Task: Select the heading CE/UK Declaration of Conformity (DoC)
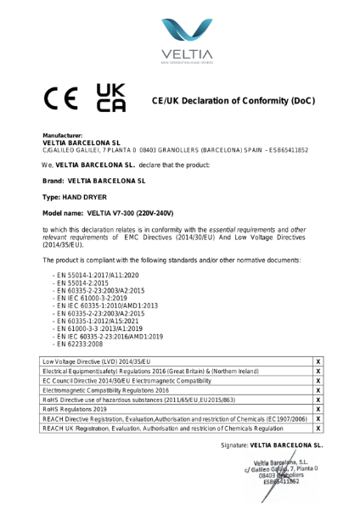(233, 102)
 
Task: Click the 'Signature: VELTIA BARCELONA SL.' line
(272, 445)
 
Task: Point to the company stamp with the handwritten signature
(280, 470)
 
